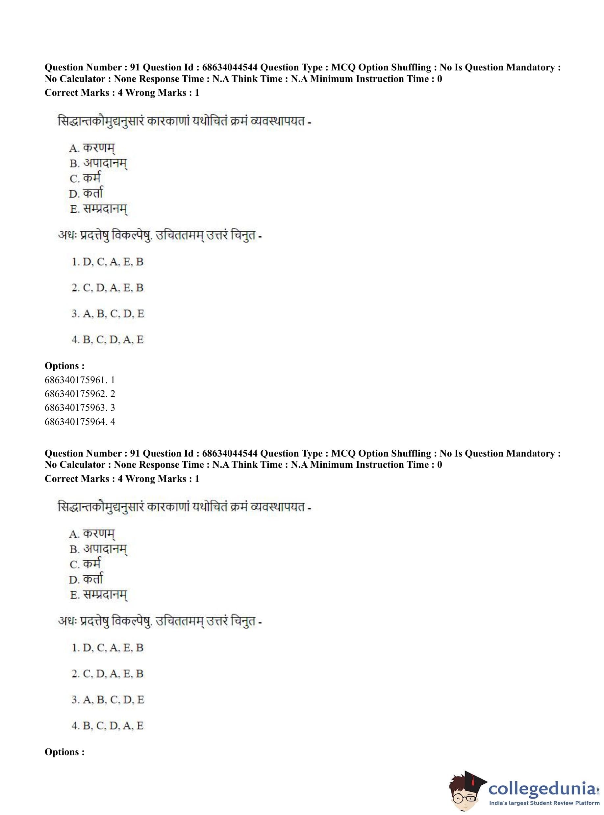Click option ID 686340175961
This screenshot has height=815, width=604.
(x=79, y=380)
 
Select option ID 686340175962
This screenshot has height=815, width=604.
(x=79, y=394)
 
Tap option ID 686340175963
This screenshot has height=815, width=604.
(x=79, y=407)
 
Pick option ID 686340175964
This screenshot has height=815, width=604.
(x=79, y=422)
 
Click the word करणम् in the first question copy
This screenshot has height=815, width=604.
(x=99, y=148)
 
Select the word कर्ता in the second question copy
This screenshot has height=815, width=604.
(x=93, y=579)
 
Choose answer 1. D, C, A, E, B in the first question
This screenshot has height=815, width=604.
(x=108, y=262)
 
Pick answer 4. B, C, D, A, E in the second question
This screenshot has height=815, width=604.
(x=108, y=726)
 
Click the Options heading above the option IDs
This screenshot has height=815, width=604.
(x=64, y=366)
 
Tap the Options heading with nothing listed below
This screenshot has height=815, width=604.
(x=64, y=752)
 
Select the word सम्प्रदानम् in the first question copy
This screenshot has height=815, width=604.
(x=105, y=209)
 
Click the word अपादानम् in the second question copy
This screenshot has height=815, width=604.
(x=105, y=549)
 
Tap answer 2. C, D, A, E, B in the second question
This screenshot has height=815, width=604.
(x=108, y=674)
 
